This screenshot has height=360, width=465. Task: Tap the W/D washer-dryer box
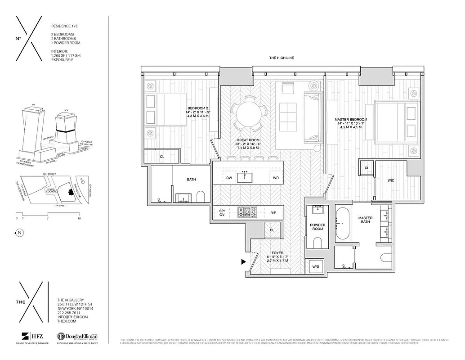click(x=316, y=267)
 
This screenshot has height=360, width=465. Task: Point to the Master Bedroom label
click(x=351, y=121)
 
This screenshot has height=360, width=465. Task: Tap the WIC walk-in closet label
click(x=391, y=180)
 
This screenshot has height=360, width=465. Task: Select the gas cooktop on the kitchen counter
click(x=246, y=211)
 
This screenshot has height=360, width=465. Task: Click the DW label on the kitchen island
click(x=229, y=178)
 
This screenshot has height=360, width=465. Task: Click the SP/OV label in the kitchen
click(x=222, y=212)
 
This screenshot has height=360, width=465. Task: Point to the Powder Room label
click(x=318, y=227)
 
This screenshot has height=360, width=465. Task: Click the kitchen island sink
click(x=245, y=175)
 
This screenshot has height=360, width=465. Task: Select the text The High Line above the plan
click(x=281, y=58)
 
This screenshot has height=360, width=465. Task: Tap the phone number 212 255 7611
click(x=69, y=312)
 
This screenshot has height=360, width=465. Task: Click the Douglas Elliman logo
click(x=77, y=337)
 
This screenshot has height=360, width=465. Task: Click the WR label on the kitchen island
click(x=276, y=178)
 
